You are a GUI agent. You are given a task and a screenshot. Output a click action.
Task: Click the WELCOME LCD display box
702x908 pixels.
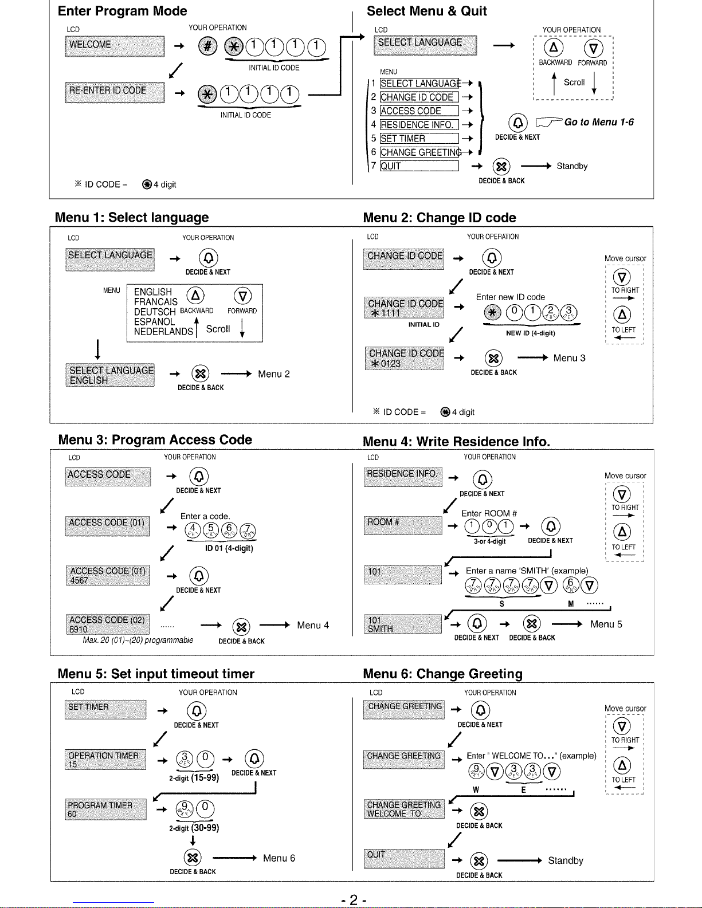tap(115, 46)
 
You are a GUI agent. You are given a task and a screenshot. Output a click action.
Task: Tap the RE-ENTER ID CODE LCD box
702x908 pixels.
tap(115, 92)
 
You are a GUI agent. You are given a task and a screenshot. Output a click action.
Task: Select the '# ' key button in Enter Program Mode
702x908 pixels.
tap(207, 47)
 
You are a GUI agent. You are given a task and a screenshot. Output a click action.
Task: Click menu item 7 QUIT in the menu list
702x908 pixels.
tap(419, 166)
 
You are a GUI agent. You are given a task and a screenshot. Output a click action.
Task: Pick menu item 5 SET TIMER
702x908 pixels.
tap(419, 139)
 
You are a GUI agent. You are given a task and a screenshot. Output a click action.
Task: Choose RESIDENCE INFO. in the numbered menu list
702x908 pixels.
tap(419, 125)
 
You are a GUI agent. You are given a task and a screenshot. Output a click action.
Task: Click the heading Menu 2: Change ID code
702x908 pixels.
tap(440, 218)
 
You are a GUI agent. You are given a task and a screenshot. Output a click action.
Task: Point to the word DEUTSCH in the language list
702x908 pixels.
tap(155, 312)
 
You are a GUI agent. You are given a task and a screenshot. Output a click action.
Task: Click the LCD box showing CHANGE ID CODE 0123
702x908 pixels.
tap(405, 359)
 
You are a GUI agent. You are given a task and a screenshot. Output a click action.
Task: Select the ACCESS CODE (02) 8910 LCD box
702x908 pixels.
tap(108, 624)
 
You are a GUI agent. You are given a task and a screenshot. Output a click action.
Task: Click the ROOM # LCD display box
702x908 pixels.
tap(403, 525)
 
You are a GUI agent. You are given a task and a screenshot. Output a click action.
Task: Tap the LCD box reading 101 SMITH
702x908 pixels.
tap(402, 624)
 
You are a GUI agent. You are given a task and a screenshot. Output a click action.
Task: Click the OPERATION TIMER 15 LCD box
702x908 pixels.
tap(106, 760)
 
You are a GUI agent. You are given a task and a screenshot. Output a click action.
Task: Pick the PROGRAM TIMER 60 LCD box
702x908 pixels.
tap(106, 809)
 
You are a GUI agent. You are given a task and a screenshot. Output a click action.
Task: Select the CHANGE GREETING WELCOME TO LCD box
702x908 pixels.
tap(404, 809)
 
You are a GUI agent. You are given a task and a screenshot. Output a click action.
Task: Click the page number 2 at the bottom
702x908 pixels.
tap(353, 899)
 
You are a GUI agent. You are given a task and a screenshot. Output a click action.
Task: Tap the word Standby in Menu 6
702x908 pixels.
tap(565, 860)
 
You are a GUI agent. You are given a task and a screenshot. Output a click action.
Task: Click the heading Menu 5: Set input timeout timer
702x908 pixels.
tap(156, 674)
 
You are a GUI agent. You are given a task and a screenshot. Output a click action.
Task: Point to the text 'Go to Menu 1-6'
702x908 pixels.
tap(599, 122)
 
